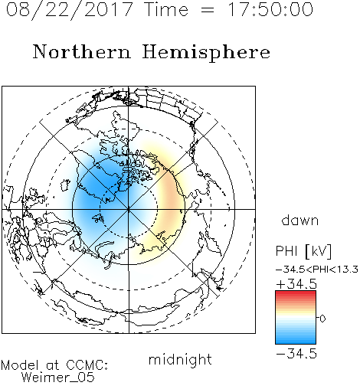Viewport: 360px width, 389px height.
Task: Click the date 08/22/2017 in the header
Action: point(69,10)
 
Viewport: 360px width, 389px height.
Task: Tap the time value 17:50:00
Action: point(270,9)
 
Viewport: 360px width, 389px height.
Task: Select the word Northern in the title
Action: point(82,51)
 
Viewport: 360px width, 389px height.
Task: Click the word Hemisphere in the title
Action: point(206,53)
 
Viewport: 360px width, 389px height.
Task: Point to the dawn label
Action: point(300,220)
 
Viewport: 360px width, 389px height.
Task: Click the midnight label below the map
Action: point(180,360)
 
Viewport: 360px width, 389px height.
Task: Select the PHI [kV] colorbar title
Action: point(303,251)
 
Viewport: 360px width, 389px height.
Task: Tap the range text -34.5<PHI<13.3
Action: point(317,270)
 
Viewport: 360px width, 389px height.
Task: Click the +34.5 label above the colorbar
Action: point(296,284)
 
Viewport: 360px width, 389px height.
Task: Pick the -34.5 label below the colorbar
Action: point(296,354)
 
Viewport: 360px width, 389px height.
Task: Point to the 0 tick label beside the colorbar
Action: point(322,319)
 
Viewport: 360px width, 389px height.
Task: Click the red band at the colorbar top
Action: point(296,295)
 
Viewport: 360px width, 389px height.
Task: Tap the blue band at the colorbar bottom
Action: point(296,340)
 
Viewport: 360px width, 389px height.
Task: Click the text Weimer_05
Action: point(58,378)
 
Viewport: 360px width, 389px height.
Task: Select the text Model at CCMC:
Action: point(54,365)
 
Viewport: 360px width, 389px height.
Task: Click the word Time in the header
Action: point(166,9)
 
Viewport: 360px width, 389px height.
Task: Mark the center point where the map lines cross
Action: point(129,209)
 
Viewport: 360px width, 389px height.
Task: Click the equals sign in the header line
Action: point(208,10)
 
